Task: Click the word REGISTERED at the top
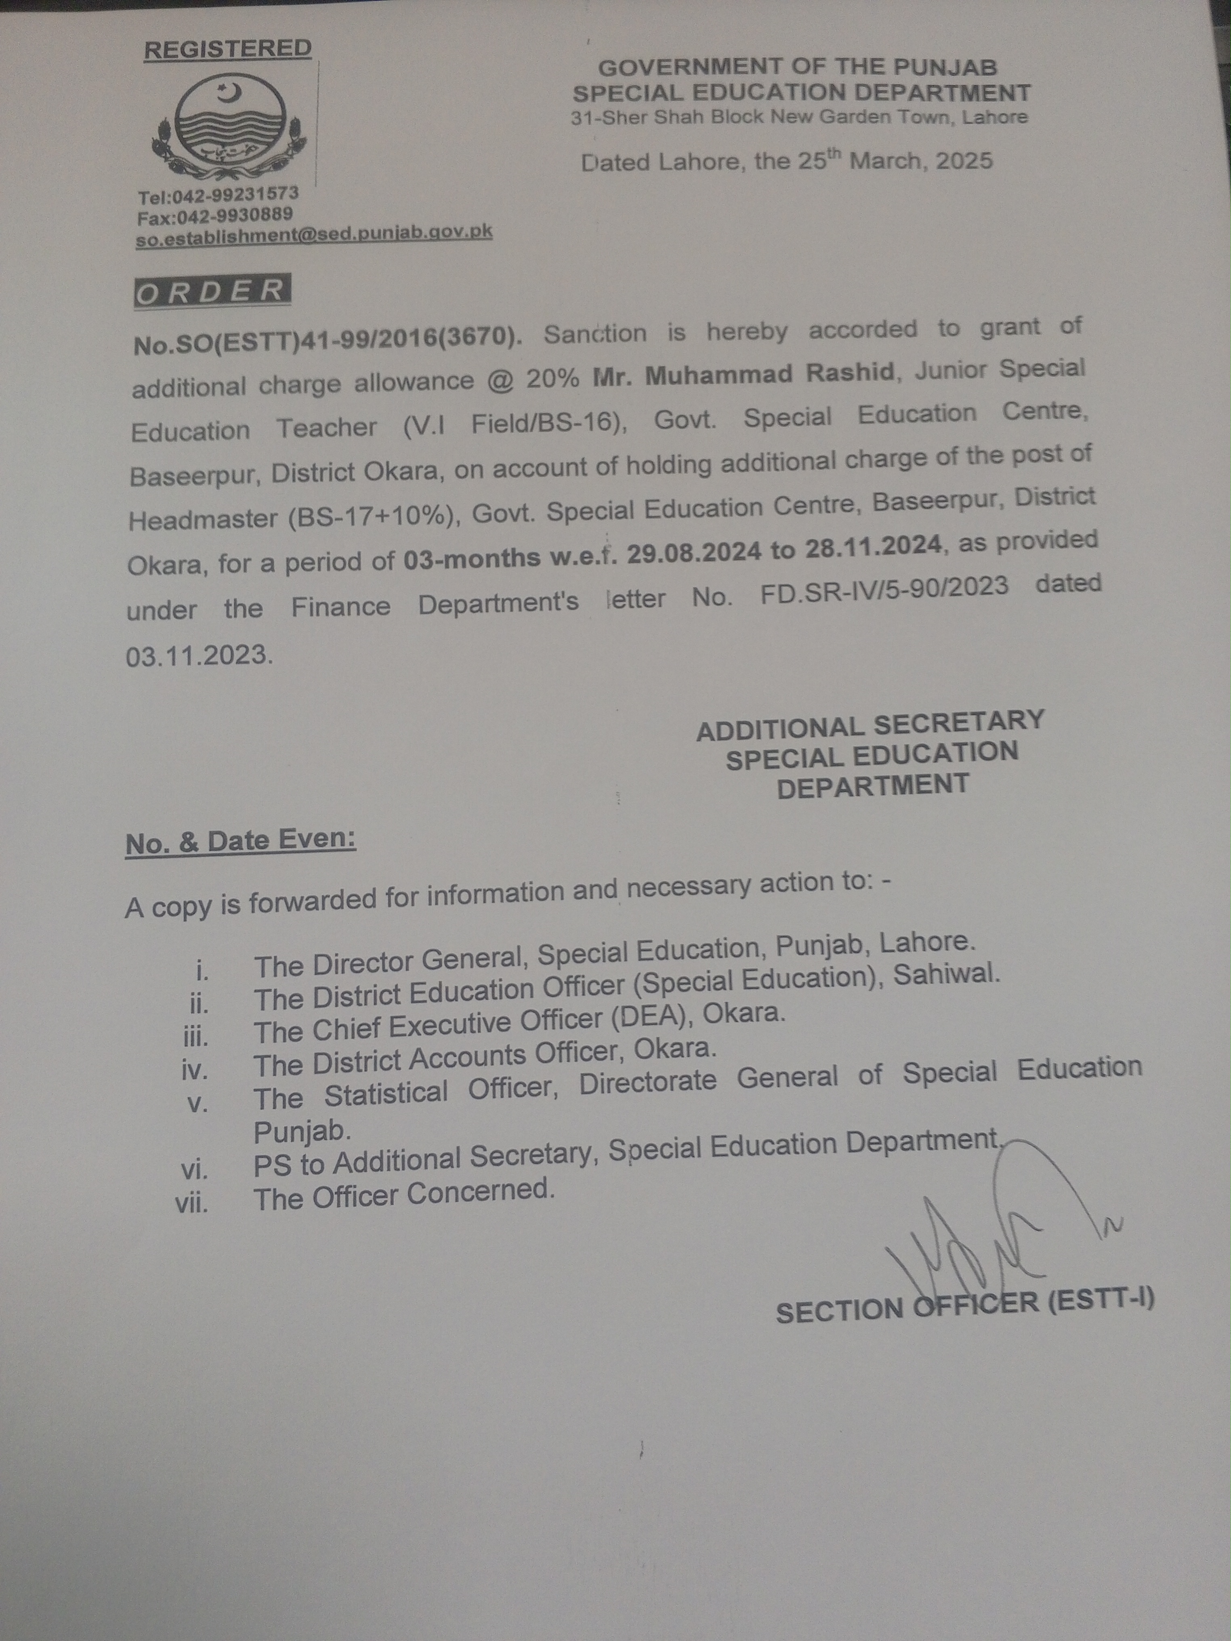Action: (227, 49)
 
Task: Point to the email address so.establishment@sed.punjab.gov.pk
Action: (314, 234)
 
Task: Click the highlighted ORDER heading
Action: (212, 291)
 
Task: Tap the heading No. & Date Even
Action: (240, 841)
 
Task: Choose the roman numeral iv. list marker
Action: (194, 1070)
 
